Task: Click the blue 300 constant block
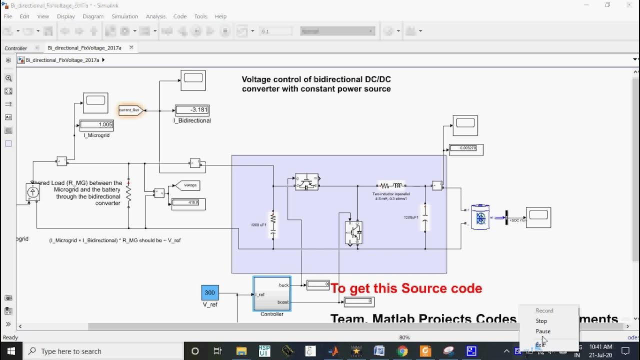[210, 292]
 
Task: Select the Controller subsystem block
[272, 294]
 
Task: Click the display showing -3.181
[192, 110]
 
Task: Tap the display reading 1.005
[96, 125]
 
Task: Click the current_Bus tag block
[130, 110]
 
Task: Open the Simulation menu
[124, 16]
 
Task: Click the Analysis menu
[156, 16]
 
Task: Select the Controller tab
[16, 48]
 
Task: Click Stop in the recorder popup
[541, 321]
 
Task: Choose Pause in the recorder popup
[543, 331]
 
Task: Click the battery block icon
[480, 217]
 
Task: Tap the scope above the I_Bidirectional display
[193, 80]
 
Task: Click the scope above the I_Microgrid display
[95, 102]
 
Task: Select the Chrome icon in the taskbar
[402, 351]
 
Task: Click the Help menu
[220, 16]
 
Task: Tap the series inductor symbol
[391, 185]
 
